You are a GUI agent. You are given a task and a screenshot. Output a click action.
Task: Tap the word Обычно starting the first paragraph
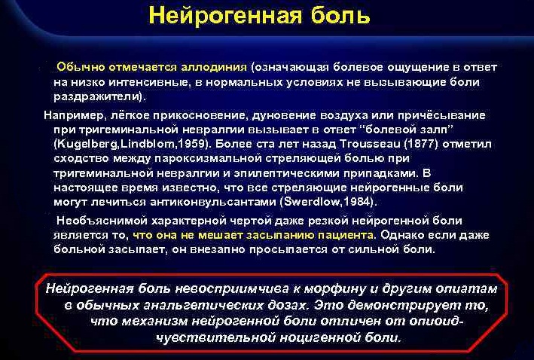(81, 67)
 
